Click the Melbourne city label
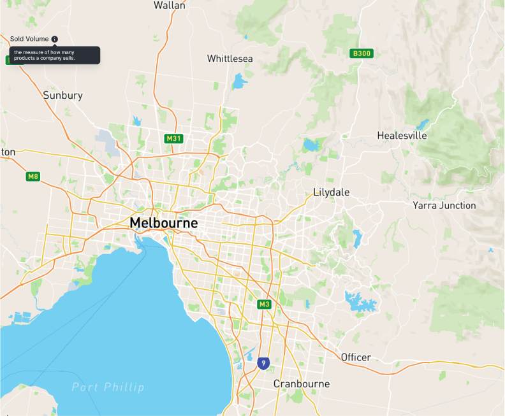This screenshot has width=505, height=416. pos(163,224)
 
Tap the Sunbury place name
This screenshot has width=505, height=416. pos(62,96)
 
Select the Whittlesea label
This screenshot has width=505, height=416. pos(230,59)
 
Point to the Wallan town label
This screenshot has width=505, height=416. pos(170,6)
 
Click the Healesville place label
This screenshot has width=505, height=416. pos(402,136)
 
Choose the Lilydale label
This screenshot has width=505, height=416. pos(332,192)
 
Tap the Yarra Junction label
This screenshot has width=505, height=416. pos(444,206)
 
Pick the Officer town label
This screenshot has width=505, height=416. pos(356,357)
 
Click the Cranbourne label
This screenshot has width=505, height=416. pos(302,384)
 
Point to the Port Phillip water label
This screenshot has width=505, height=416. pos(108,387)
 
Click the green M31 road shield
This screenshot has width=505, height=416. pos(173,139)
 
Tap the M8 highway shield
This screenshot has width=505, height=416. pos(33,176)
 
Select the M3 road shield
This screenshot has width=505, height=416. pos(265,305)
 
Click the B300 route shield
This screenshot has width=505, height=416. pos(362,54)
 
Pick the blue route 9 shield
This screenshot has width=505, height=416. pos(263,363)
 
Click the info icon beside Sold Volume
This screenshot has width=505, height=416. pos(54,39)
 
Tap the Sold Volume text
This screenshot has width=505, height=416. pos(29,39)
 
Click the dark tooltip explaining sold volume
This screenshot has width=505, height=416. pos(54,55)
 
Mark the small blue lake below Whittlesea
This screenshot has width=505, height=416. pos(239,82)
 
